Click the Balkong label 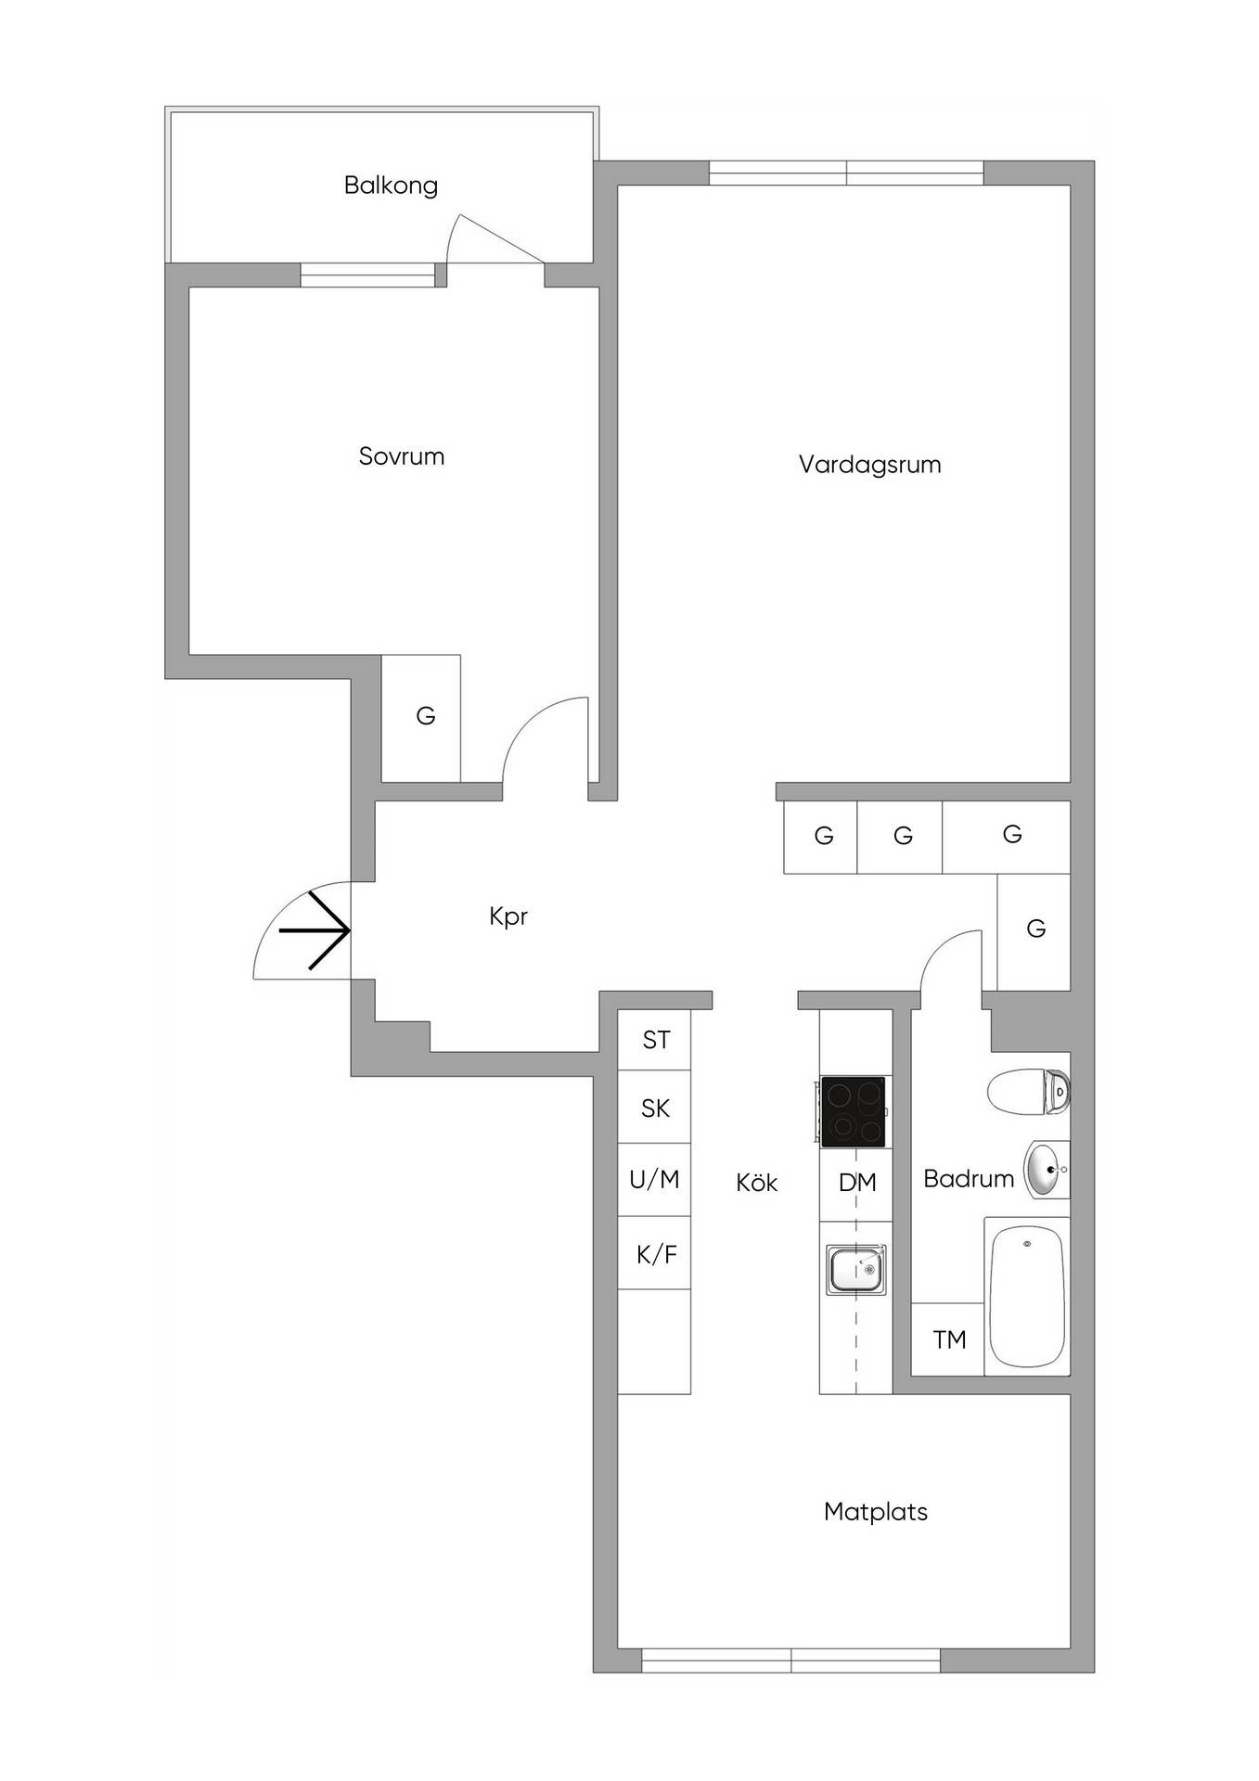tap(391, 186)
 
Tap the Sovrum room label tap(402, 456)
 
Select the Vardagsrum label tap(870, 465)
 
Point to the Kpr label tap(508, 916)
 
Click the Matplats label tap(876, 1511)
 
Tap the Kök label tap(757, 1182)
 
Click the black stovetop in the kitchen tap(854, 1111)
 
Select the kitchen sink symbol tap(856, 1270)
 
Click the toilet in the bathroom tap(1029, 1090)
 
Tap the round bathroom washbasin tap(1047, 1170)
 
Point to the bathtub tap(1026, 1296)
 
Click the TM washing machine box tap(948, 1339)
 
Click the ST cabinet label tap(656, 1040)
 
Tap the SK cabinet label tap(656, 1108)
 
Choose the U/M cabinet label tap(655, 1179)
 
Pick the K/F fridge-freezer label tap(657, 1254)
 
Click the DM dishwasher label tap(857, 1182)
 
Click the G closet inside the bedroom tap(421, 719)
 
